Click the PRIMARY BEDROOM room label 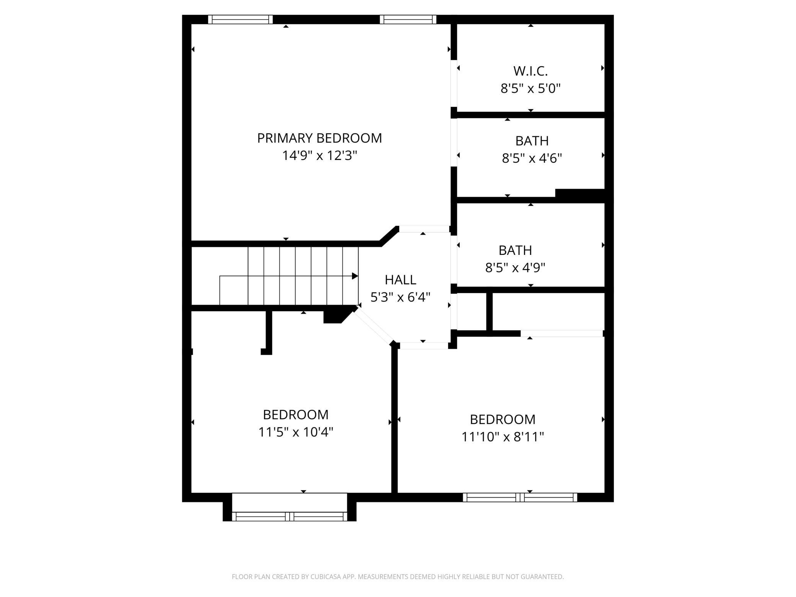tap(320, 138)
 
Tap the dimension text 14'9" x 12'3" tap(320, 156)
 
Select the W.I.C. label tap(530, 71)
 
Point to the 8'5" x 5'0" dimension tap(530, 89)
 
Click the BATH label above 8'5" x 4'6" tap(532, 141)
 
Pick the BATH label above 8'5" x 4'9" tap(515, 250)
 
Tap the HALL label tap(401, 280)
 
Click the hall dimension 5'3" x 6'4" tap(401, 297)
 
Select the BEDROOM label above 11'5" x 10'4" tap(296, 415)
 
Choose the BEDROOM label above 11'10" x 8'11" tap(502, 420)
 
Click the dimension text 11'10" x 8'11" tap(502, 437)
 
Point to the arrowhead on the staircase tap(355, 276)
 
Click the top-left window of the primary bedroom tap(240, 20)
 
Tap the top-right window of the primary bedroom tap(408, 20)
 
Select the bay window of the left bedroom tap(290, 517)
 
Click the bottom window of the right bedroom tap(520, 497)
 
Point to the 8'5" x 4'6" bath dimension tap(532, 158)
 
